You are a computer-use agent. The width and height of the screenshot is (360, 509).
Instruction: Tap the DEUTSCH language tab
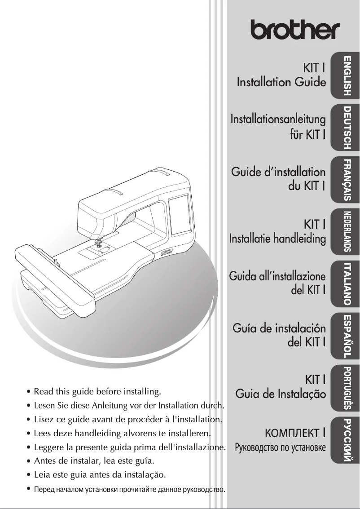tap(346, 128)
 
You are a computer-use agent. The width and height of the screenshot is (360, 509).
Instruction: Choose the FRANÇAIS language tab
tap(346, 179)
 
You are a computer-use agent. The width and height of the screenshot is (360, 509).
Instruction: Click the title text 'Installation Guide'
tap(281, 83)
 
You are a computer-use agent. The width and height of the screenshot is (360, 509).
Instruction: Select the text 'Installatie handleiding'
tap(277, 238)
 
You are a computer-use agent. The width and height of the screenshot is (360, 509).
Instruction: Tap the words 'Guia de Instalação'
tap(281, 394)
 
